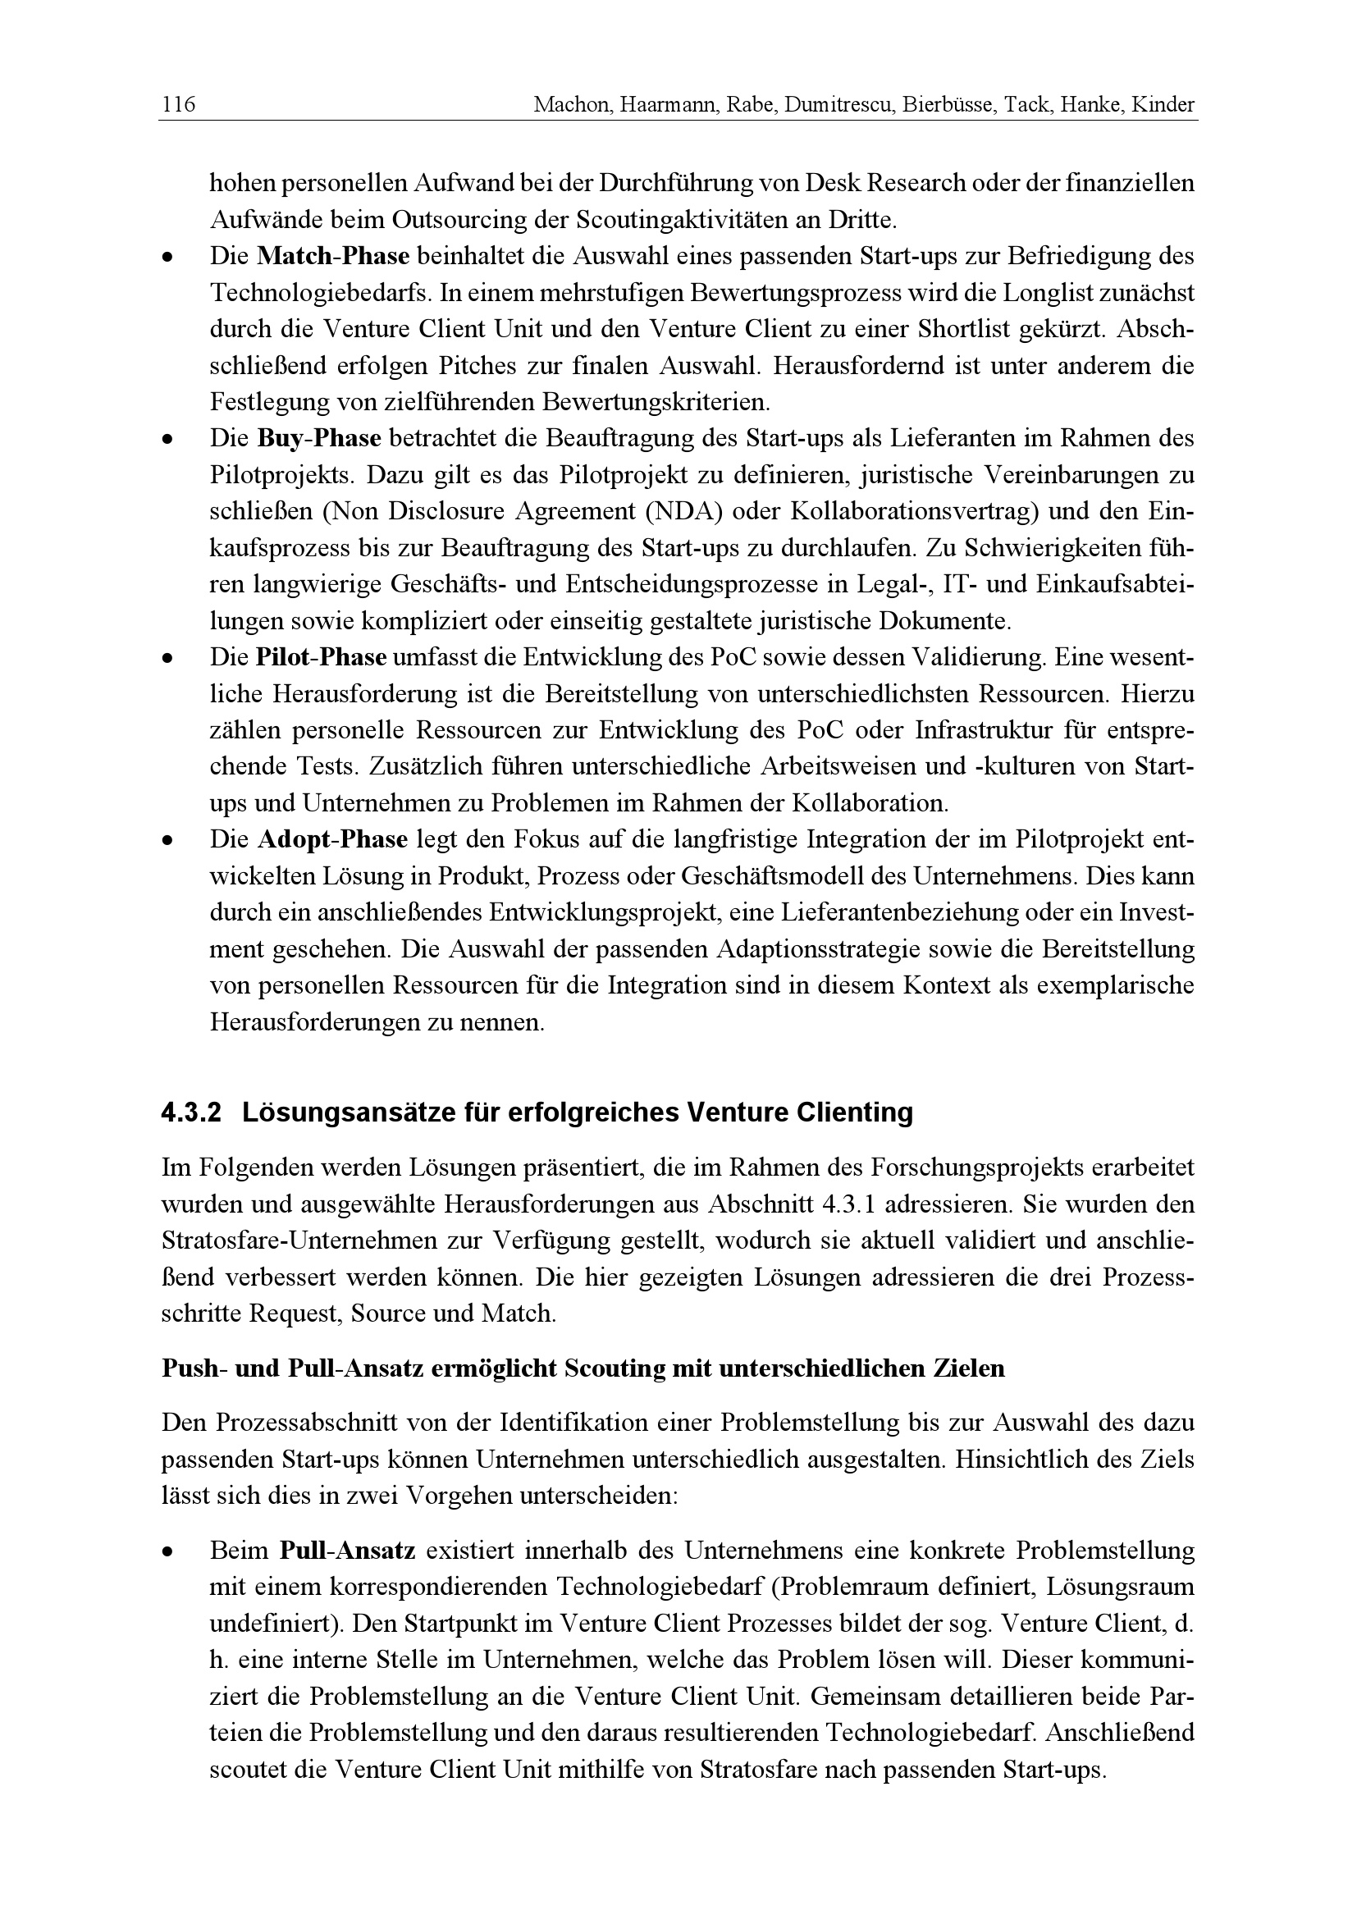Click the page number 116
pos(178,105)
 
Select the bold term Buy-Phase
pos(318,438)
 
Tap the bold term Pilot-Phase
pos(321,658)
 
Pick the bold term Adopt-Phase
pos(331,840)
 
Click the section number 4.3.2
pos(191,1113)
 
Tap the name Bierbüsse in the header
pos(948,105)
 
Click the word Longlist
pos(1047,293)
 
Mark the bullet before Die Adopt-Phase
pos(168,841)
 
